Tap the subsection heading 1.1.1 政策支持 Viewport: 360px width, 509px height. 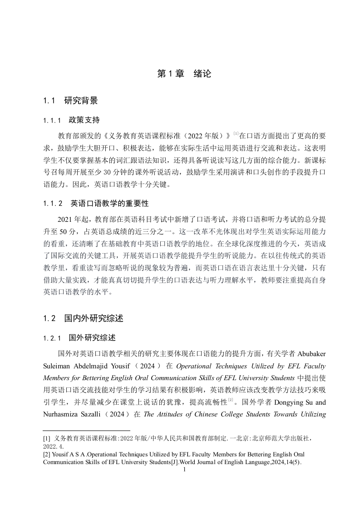(x=71, y=120)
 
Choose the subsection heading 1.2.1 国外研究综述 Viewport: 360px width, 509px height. (x=79, y=338)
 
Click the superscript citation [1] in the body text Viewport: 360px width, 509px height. (x=236, y=133)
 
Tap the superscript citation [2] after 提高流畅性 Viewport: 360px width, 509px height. (x=230, y=400)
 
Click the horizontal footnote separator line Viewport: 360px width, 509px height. (x=86, y=430)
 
